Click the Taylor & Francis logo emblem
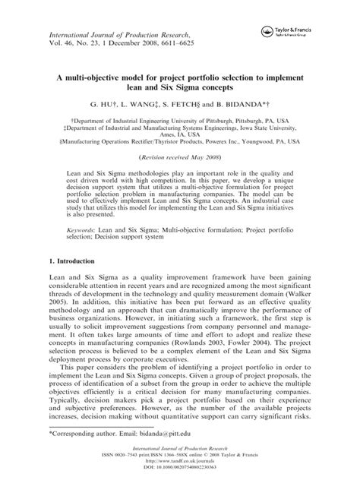click(x=267, y=31)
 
